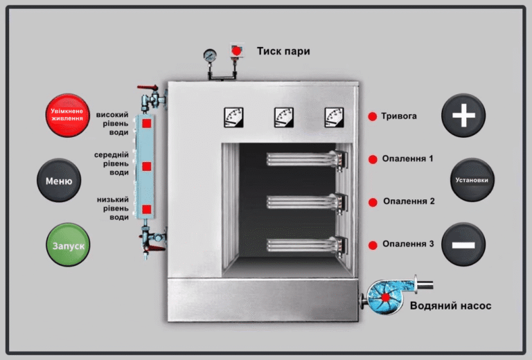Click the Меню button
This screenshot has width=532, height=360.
(59, 180)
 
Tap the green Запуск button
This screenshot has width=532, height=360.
(68, 245)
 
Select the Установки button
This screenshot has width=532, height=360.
(472, 180)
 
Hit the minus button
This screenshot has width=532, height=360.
(463, 244)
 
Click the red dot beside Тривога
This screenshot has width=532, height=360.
(372, 116)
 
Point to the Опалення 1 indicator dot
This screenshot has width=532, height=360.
(373, 159)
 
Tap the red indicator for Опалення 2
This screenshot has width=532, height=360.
(373, 202)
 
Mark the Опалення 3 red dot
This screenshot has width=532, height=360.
(373, 245)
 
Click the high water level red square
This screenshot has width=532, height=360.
(147, 123)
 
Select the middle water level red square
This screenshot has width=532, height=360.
(147, 166)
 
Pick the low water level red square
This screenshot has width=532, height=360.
(147, 210)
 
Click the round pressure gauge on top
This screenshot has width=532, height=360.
(210, 55)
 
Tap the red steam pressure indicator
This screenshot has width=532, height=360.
(236, 51)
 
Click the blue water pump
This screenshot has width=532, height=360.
(385, 297)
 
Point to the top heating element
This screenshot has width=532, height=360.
(307, 159)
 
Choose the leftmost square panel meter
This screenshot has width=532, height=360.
(233, 117)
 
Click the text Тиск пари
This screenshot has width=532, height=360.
(283, 51)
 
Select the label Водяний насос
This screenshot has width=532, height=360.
(450, 306)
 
